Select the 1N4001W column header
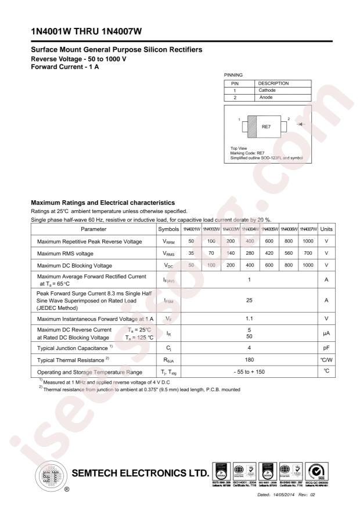point(190,229)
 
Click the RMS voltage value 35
point(190,253)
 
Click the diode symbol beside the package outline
point(299,124)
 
